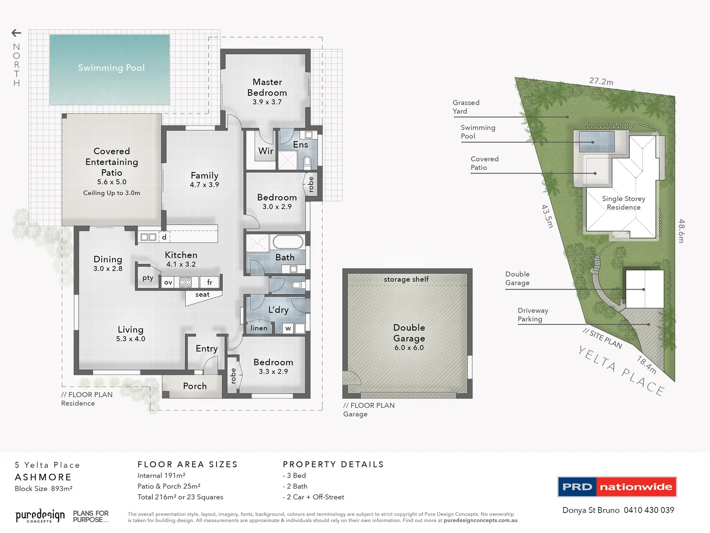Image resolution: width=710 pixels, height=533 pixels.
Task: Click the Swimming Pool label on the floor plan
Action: [111, 68]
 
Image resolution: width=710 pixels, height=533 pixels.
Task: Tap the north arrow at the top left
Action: [16, 33]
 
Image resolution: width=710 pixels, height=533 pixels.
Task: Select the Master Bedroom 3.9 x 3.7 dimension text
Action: [267, 102]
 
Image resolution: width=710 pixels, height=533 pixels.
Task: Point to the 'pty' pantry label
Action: [148, 278]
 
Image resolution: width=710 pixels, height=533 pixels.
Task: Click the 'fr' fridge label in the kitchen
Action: [210, 282]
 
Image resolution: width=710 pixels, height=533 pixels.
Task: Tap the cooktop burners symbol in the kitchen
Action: [185, 282]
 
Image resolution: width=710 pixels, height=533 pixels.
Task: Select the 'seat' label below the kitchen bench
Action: [202, 295]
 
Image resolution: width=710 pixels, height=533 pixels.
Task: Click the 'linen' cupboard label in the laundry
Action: [259, 328]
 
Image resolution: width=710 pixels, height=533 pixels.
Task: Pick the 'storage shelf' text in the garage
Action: [406, 279]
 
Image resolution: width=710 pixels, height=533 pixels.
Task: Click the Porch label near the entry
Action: [195, 386]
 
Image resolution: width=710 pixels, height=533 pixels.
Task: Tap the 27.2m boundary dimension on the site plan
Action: [601, 81]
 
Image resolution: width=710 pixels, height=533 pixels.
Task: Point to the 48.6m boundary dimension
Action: [681, 231]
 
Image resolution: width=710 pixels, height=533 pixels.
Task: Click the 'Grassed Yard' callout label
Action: [466, 107]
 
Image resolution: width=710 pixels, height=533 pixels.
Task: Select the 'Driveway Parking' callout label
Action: [532, 315]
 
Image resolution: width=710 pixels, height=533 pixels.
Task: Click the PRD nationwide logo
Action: [617, 487]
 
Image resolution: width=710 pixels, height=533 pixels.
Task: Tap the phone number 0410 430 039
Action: [649, 510]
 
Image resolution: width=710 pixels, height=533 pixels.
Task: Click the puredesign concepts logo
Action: [40, 516]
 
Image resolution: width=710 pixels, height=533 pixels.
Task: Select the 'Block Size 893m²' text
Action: [43, 489]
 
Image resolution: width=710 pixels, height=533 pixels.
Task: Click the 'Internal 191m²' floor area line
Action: [161, 476]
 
